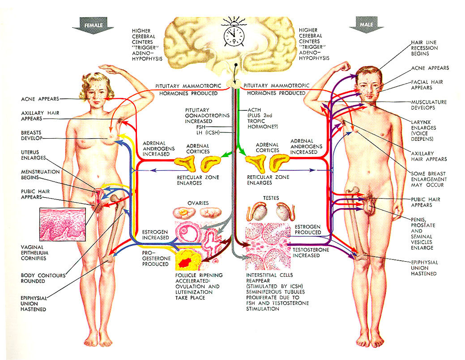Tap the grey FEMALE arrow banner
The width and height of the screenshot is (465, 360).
(x=93, y=25)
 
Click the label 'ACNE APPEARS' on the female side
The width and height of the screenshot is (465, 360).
(x=39, y=98)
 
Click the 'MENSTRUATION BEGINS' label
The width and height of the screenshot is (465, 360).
(x=40, y=175)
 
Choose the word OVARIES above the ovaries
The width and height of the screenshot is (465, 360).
(x=198, y=203)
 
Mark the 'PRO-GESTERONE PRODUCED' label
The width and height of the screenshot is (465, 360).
(x=155, y=258)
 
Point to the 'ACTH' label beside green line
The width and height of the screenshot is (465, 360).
(x=255, y=110)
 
